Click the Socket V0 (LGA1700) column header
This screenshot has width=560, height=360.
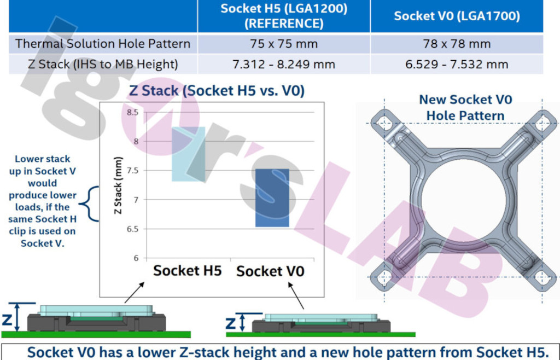point(457,16)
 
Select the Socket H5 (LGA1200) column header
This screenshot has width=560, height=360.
point(284,16)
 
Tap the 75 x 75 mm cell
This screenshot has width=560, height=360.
point(284,44)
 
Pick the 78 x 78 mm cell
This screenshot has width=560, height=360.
point(457,44)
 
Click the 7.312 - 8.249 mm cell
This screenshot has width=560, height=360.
point(284,65)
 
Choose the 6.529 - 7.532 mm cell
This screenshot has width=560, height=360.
point(457,65)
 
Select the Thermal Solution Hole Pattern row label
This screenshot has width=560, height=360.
point(103,44)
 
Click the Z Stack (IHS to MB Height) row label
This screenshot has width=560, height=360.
point(103,65)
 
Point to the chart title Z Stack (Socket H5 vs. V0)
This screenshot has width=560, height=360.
point(217,90)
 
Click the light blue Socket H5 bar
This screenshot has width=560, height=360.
point(189,154)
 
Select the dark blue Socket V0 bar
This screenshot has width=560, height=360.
point(272,198)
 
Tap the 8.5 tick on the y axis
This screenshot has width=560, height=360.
point(132,113)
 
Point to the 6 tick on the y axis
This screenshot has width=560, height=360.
point(136,258)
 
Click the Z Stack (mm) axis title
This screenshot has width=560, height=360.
point(118,185)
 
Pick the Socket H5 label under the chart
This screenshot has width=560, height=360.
point(188,271)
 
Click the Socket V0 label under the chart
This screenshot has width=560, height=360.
point(270,271)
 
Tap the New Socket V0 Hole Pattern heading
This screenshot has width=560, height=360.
point(465,107)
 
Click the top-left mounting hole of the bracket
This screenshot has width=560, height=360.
point(384,124)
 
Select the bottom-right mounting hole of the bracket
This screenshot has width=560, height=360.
point(542,277)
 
